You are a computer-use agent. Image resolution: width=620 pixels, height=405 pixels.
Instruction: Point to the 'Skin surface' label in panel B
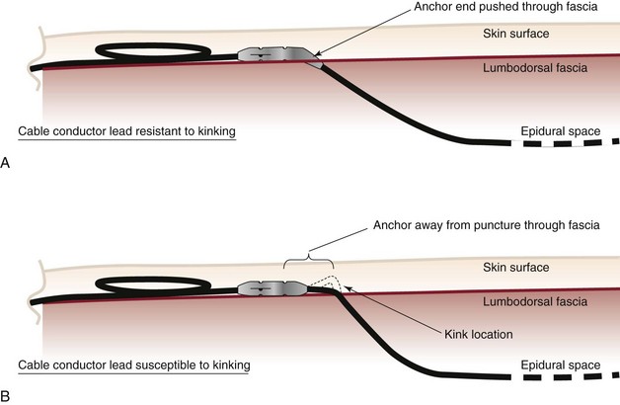[x=544, y=268]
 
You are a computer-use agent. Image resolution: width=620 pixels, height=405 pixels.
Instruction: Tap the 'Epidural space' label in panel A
[x=560, y=131]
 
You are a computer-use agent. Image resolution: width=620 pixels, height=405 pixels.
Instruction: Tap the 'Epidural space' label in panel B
[x=560, y=364]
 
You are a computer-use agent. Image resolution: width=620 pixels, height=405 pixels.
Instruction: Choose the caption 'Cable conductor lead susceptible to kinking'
[x=133, y=364]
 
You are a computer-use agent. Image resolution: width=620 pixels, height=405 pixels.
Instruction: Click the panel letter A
[x=7, y=164]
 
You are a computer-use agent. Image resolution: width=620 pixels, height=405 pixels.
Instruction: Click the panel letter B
[x=7, y=396]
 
